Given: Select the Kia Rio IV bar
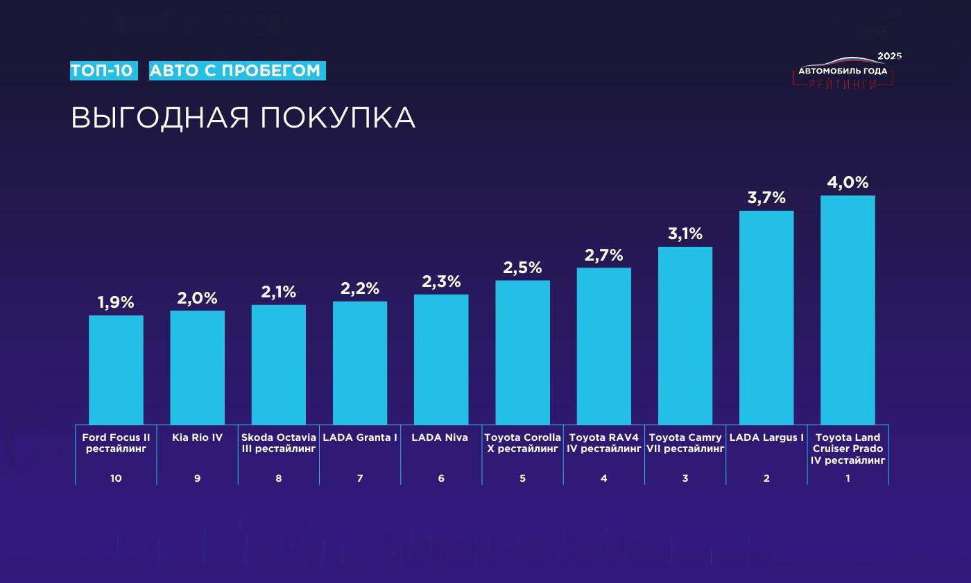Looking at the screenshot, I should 197,367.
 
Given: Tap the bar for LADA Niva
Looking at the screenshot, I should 441,359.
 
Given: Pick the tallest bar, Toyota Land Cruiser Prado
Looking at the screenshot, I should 848,310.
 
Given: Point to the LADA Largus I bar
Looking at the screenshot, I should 766,317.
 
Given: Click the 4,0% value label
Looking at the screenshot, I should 848,183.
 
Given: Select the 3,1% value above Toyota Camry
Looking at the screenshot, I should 685,234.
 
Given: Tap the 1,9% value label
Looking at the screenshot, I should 116,303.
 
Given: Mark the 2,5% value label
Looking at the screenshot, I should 522,268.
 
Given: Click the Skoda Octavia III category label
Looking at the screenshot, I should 279,443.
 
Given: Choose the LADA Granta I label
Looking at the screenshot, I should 360,437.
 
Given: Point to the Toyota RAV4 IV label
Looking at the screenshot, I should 603,443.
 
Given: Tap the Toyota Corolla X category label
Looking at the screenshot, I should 522,443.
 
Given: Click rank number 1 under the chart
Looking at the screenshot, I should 848,478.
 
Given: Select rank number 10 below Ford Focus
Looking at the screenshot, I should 116,478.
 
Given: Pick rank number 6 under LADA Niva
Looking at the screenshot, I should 441,478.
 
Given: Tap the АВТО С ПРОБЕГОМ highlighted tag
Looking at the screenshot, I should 237,71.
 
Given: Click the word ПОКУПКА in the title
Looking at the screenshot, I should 338,118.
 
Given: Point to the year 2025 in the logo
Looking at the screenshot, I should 889,56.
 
